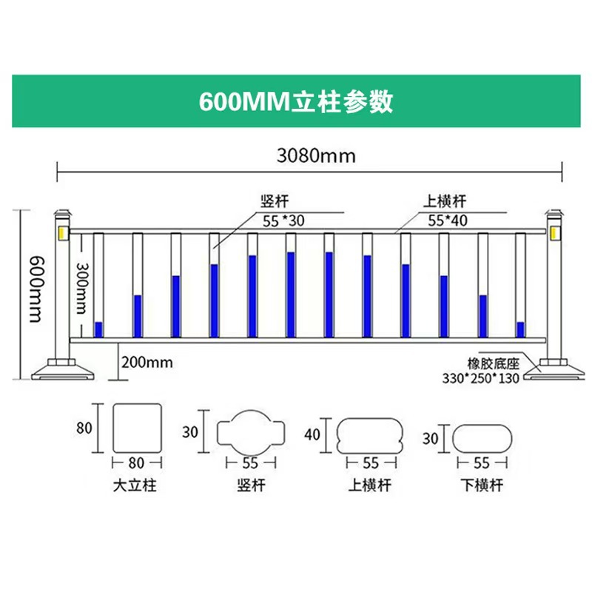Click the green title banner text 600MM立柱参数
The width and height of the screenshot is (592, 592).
pos(296,101)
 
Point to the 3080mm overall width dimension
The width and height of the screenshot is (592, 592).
pos(316,155)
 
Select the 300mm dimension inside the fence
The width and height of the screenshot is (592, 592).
pos(82,288)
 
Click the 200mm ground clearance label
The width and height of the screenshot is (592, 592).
pos(147,363)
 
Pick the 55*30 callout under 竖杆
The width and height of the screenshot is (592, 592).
pos(283,221)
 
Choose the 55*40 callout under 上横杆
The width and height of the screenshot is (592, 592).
pos(448,221)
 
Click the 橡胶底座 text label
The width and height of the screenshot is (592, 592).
pos(493,363)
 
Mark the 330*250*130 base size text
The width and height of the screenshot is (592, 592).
pos(480,377)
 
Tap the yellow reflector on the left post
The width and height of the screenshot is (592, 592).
pos(63,233)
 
